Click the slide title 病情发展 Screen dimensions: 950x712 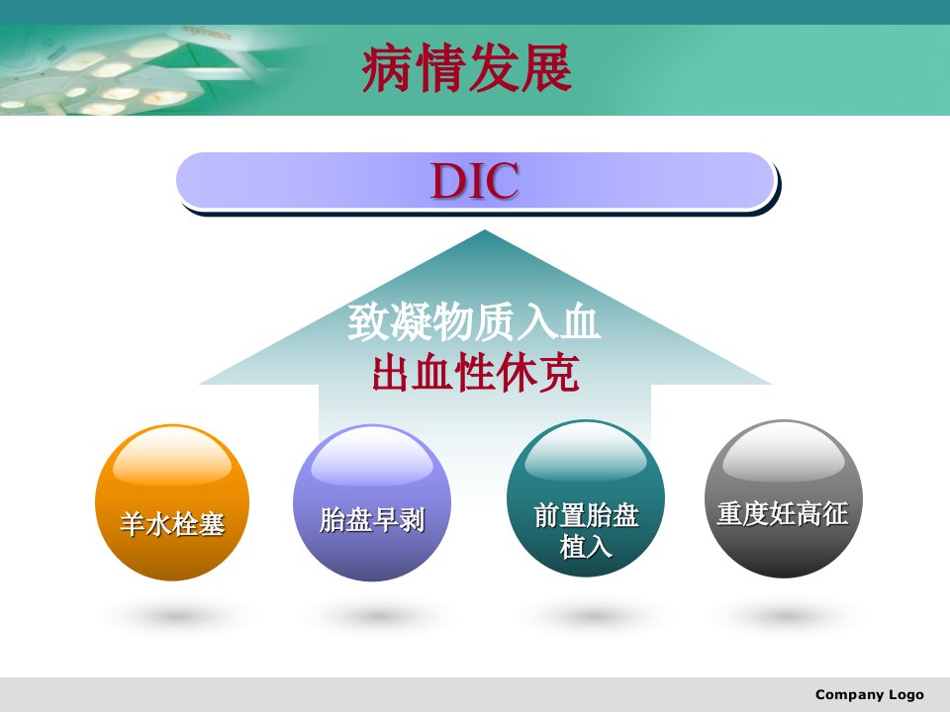pos(466,68)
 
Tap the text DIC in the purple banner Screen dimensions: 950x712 pos(475,180)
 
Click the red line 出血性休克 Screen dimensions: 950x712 pos(476,373)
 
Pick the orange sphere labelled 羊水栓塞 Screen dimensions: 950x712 pos(172,502)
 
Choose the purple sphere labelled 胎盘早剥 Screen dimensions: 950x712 pos(372,502)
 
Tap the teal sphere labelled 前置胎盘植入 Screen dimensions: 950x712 pos(586,498)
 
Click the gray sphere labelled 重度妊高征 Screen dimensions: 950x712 pos(784,498)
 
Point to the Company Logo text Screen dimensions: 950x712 pos(870,694)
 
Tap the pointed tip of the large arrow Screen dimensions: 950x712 pos(485,230)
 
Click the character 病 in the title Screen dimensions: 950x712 pos(388,68)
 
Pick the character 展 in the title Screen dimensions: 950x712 pos(546,68)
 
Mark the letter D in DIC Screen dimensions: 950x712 pos(446,180)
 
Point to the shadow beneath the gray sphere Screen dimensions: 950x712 pos(784,616)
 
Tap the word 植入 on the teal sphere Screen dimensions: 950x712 pos(585,546)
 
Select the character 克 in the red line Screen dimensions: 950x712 pos(559,373)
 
